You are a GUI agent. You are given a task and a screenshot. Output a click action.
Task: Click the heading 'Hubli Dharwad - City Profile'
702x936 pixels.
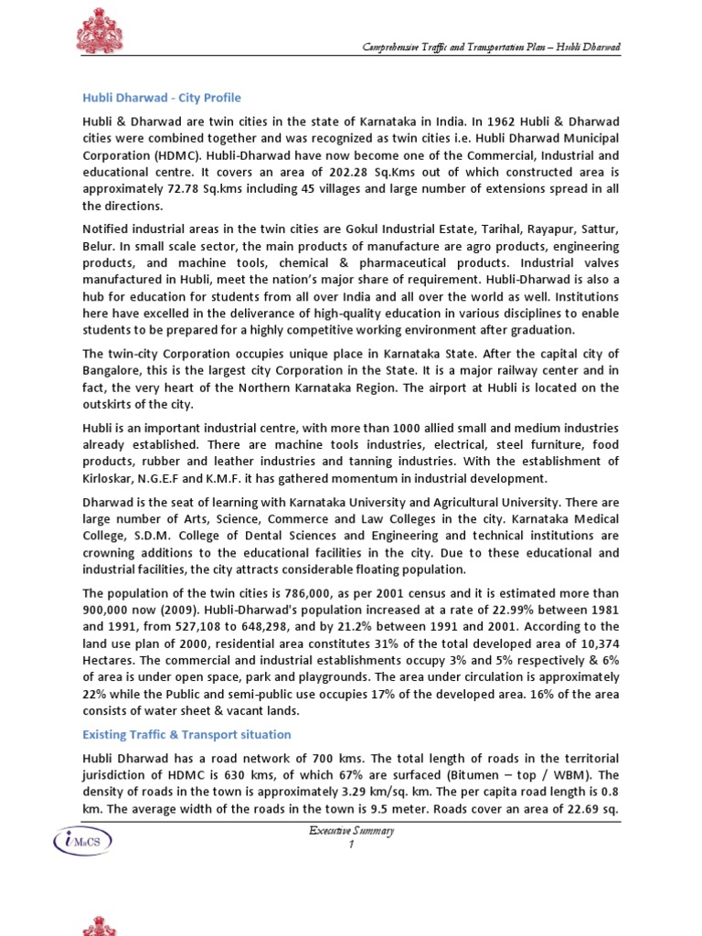(162, 98)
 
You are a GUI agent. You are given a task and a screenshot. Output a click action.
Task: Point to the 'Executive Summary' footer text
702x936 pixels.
(351, 830)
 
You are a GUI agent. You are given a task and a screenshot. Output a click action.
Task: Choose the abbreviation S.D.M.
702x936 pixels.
(152, 537)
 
